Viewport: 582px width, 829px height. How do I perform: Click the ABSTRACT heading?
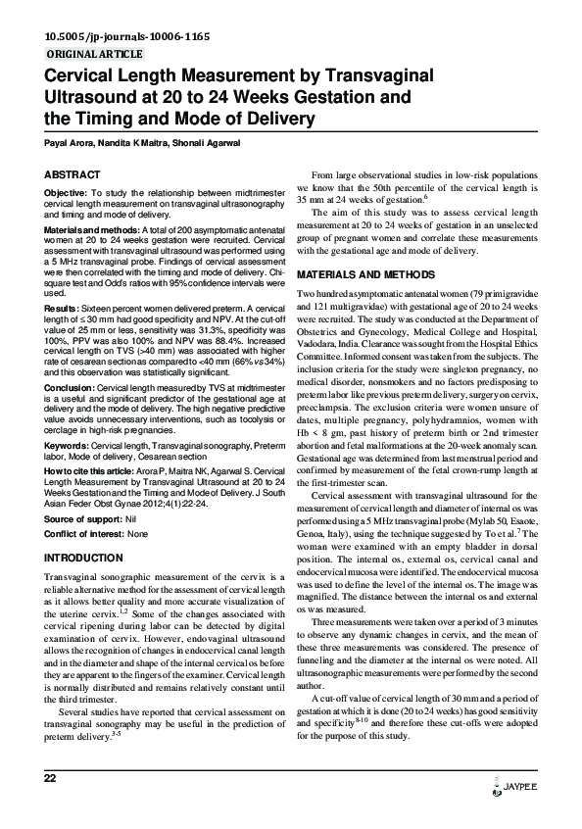pyautogui.click(x=72, y=173)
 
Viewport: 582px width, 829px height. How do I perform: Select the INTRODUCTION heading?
pyautogui.click(x=83, y=558)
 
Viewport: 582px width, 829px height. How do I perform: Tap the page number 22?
pyautogui.click(x=50, y=805)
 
